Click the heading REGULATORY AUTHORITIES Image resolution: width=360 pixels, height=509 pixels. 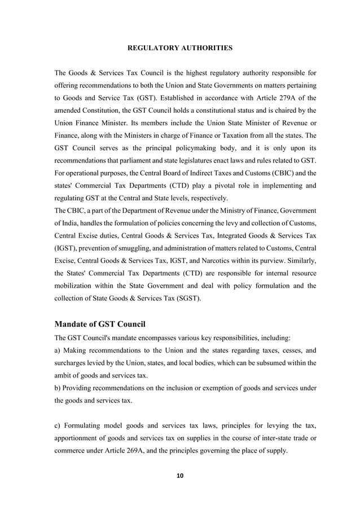pyautogui.click(x=180, y=48)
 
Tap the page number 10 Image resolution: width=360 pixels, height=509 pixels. pyautogui.click(x=180, y=476)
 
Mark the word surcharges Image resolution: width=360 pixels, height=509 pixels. pyautogui.click(x=72, y=362)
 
